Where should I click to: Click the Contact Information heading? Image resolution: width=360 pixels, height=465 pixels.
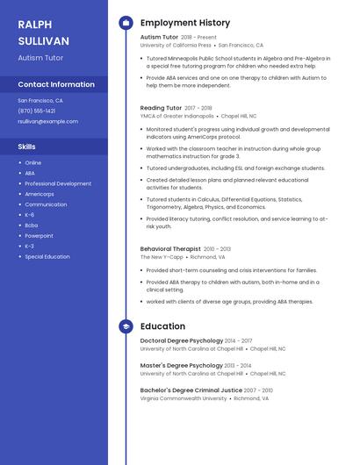pyautogui.click(x=56, y=84)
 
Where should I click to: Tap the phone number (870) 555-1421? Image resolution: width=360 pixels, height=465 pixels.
pyautogui.click(x=37, y=111)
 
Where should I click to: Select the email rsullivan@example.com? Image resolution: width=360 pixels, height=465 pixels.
pyautogui.click(x=47, y=121)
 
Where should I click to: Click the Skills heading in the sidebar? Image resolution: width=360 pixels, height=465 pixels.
pyautogui.click(x=27, y=147)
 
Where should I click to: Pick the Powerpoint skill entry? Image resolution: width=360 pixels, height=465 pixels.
pyautogui.click(x=39, y=235)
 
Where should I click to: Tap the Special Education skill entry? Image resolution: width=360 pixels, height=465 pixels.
pyautogui.click(x=47, y=256)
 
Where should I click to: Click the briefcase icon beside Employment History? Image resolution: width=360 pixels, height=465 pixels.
pyautogui.click(x=126, y=23)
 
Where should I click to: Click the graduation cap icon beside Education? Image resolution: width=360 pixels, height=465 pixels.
pyautogui.click(x=126, y=326)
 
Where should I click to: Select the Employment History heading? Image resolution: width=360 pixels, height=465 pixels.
pyautogui.click(x=185, y=23)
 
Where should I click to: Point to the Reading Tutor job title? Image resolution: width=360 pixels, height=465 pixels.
pyautogui.click(x=161, y=108)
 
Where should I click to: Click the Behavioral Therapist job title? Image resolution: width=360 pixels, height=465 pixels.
pyautogui.click(x=170, y=249)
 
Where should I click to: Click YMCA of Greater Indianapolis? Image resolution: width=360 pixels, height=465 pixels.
pyautogui.click(x=176, y=115)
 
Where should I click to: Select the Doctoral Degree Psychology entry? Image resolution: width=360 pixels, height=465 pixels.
pyautogui.click(x=182, y=340)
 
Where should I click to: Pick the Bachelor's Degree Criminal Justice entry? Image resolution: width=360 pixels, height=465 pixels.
pyautogui.click(x=191, y=390)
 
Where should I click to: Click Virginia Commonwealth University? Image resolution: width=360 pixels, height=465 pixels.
pyautogui.click(x=184, y=398)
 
